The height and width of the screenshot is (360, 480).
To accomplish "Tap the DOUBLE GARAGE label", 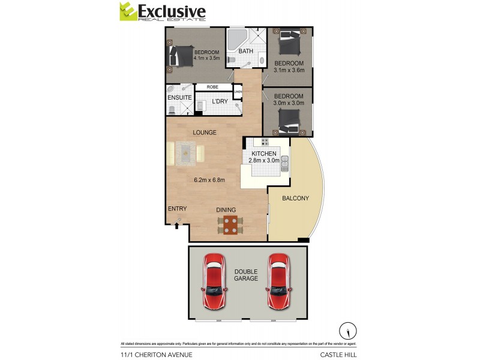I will (246, 275).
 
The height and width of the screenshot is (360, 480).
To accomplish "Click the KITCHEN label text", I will (264, 154).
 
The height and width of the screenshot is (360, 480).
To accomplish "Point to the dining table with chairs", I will (230, 224).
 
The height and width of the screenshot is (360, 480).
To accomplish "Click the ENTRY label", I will (177, 209).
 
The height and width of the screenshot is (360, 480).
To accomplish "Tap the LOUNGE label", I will (205, 133).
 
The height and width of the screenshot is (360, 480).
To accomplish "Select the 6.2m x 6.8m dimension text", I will (209, 179).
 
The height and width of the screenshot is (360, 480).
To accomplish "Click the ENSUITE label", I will (179, 97).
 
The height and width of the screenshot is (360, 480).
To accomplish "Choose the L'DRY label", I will (220, 101).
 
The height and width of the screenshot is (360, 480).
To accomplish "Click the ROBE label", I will (212, 87).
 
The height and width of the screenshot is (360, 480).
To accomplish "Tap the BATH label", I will (246, 52).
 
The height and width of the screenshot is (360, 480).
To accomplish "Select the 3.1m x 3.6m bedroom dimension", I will (289, 70).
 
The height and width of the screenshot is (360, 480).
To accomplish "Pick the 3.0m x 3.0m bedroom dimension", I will (289, 103).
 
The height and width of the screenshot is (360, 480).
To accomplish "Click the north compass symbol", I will (347, 331).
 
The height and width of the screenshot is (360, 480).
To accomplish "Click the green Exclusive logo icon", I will (127, 11).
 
